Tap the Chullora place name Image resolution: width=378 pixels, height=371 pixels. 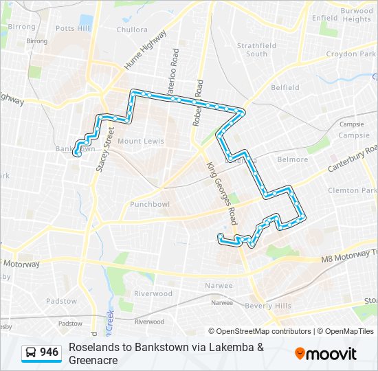[x=132, y=30]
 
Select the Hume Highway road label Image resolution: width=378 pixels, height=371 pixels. [x=145, y=50]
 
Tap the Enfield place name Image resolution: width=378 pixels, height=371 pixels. [x=324, y=18]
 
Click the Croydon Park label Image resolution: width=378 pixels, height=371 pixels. [x=351, y=54]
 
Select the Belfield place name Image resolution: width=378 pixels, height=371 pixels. [x=285, y=87]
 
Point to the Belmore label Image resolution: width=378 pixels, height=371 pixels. [x=293, y=159]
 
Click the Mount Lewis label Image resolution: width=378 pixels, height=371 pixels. [x=140, y=141]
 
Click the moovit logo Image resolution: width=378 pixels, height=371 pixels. [x=326, y=354]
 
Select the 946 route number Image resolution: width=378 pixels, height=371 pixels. [x=49, y=352]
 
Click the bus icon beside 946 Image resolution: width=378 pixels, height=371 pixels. [x=32, y=353]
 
